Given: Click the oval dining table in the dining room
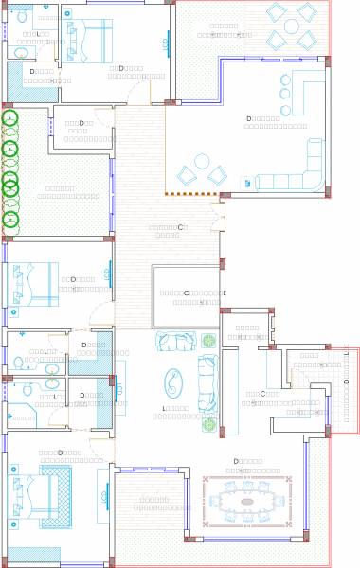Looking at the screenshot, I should (247, 501).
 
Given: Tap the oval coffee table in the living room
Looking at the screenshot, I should (173, 382).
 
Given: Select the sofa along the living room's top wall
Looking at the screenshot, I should (176, 341).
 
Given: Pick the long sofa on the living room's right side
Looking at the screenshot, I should (207, 382).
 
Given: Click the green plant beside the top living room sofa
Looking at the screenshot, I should (208, 341).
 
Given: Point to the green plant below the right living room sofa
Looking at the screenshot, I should (208, 425).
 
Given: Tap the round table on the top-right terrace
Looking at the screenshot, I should (291, 27).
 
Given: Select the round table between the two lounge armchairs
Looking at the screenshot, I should (202, 161).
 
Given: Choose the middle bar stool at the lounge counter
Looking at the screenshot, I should (285, 94).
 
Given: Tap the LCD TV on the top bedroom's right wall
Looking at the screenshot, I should (168, 43).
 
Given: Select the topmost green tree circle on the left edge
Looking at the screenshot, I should (9, 118).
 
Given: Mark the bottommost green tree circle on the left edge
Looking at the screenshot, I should (10, 220).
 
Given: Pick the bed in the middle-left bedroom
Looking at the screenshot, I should (34, 284).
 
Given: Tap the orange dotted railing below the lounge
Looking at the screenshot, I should (191, 194).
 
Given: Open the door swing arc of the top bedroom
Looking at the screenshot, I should (138, 93).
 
